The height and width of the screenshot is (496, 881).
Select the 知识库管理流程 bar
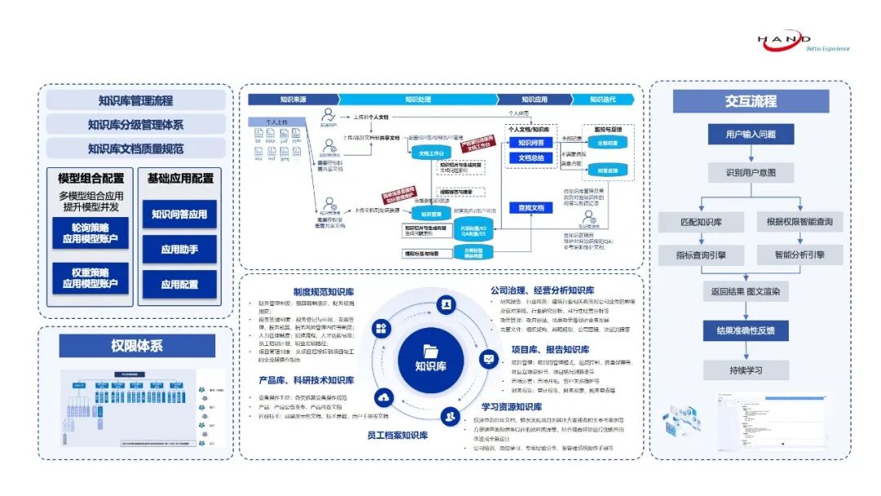pos(135,100)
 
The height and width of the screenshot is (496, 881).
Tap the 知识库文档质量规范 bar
pos(135,148)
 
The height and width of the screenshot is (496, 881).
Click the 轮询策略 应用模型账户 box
pos(91,233)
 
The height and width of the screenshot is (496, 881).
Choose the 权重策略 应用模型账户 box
pos(91,278)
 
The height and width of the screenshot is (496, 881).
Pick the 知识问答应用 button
pos(179,215)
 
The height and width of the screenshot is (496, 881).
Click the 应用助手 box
pos(179,249)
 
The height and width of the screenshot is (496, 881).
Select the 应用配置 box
pos(179,285)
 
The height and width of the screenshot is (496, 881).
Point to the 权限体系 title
pos(136,346)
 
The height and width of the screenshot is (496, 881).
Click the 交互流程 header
pos(750,101)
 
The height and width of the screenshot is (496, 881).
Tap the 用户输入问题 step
pos(750,135)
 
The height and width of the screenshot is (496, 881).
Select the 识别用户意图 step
pos(750,173)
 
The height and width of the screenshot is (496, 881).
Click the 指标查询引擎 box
pos(701,255)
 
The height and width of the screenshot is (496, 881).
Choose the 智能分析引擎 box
pos(800,255)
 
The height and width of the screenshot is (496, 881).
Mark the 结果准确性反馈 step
pos(750,330)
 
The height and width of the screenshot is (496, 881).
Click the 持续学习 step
pos(750,370)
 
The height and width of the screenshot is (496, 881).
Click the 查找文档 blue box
pos(531,208)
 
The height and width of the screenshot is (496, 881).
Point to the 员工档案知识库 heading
pos(397,436)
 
